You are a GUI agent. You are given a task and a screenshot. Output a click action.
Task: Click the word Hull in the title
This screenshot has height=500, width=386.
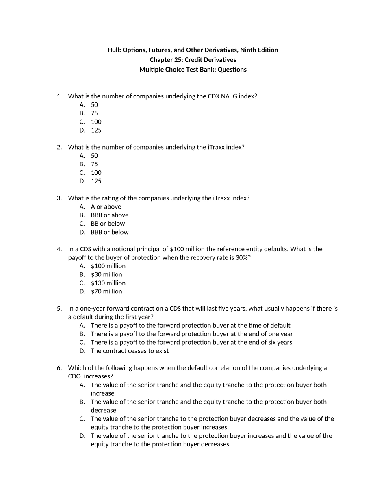[114, 50]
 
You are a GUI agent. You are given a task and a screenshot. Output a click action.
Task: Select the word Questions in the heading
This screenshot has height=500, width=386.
[232, 70]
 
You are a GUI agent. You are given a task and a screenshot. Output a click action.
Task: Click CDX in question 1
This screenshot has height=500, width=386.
[214, 96]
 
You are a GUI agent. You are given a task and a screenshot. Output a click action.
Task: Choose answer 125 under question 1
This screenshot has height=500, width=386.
[96, 130]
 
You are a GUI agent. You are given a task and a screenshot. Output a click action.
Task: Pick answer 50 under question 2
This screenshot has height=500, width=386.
[94, 156]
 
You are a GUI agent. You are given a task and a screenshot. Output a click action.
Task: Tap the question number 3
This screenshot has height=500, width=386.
[59, 198]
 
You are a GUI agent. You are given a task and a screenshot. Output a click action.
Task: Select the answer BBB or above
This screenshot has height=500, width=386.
[109, 215]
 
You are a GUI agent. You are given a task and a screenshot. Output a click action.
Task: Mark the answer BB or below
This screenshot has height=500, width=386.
[108, 224]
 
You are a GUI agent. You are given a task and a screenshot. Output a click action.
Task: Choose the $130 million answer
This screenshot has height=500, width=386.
[108, 283]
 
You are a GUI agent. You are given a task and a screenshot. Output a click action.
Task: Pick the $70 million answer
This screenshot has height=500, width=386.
[106, 291]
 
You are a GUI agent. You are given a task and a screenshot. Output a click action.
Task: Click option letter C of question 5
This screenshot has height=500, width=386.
[82, 342]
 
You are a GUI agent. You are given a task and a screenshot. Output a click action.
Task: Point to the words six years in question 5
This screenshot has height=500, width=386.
[279, 342]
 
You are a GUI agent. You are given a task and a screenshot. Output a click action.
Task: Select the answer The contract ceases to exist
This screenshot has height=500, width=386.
[130, 351]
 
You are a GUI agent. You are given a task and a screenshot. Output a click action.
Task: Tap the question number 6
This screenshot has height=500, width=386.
[59, 368]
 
